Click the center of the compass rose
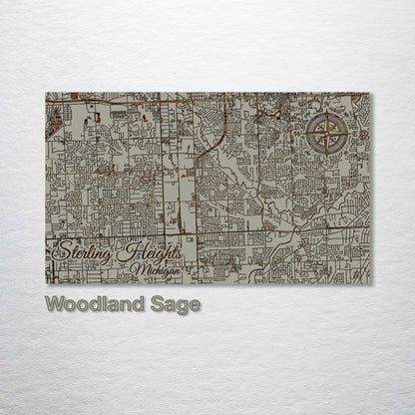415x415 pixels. click(x=326, y=133)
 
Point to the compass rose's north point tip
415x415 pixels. click(x=326, y=111)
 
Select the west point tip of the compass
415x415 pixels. click(x=304, y=133)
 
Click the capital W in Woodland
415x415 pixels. click(x=52, y=303)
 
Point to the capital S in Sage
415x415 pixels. click(x=158, y=303)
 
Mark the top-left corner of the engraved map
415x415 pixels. click(x=46, y=93)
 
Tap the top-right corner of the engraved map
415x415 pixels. click(x=369, y=93)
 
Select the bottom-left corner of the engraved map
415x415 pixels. click(x=46, y=283)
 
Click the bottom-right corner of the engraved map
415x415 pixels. click(x=369, y=283)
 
